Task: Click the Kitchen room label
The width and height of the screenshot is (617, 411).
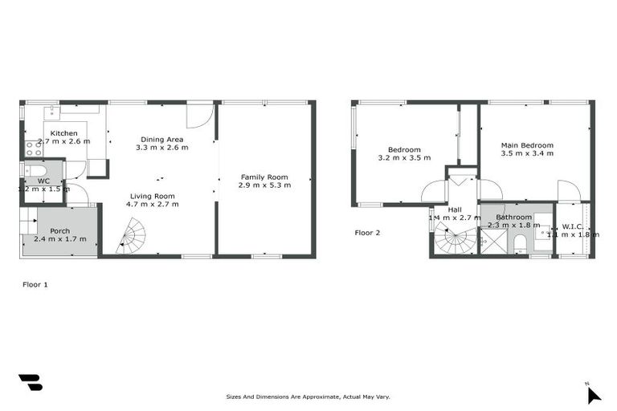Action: point(64,132)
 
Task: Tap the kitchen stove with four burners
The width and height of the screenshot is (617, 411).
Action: point(34,148)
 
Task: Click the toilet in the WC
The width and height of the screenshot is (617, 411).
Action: point(36,170)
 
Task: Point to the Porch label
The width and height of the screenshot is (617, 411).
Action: point(60,230)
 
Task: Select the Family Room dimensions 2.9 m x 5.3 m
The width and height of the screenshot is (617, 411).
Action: point(264,185)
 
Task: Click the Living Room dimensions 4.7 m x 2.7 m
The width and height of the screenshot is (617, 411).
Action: point(153,205)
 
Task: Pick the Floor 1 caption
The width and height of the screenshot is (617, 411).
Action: point(35,284)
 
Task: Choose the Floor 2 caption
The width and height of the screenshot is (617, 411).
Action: point(367,233)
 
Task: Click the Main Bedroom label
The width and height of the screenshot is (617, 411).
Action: point(527,145)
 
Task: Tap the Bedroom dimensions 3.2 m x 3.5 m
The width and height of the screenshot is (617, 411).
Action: point(404,158)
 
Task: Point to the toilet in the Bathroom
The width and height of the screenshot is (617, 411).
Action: point(520,242)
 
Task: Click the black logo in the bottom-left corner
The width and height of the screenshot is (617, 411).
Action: point(31,383)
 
